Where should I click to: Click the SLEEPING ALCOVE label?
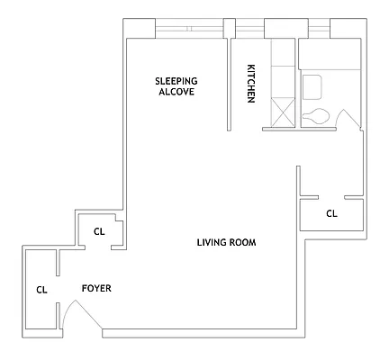click(176, 86)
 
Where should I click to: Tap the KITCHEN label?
click(251, 84)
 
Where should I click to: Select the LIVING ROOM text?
click(227, 242)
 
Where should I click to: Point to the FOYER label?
click(96, 288)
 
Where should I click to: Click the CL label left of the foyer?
click(41, 290)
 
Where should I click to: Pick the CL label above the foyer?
click(99, 231)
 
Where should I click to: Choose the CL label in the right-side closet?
click(331, 213)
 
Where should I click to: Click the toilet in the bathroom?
click(315, 116)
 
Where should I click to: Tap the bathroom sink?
click(312, 87)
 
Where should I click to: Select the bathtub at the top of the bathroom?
click(330, 54)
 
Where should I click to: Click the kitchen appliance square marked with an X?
click(283, 112)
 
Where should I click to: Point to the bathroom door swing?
click(348, 119)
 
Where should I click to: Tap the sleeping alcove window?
click(190, 29)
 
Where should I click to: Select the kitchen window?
click(249, 29)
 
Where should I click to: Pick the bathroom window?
click(319, 29)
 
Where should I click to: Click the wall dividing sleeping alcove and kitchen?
click(229, 85)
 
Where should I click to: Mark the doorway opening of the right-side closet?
click(331, 197)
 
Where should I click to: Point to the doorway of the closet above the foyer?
click(98, 247)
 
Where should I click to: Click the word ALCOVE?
click(176, 92)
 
